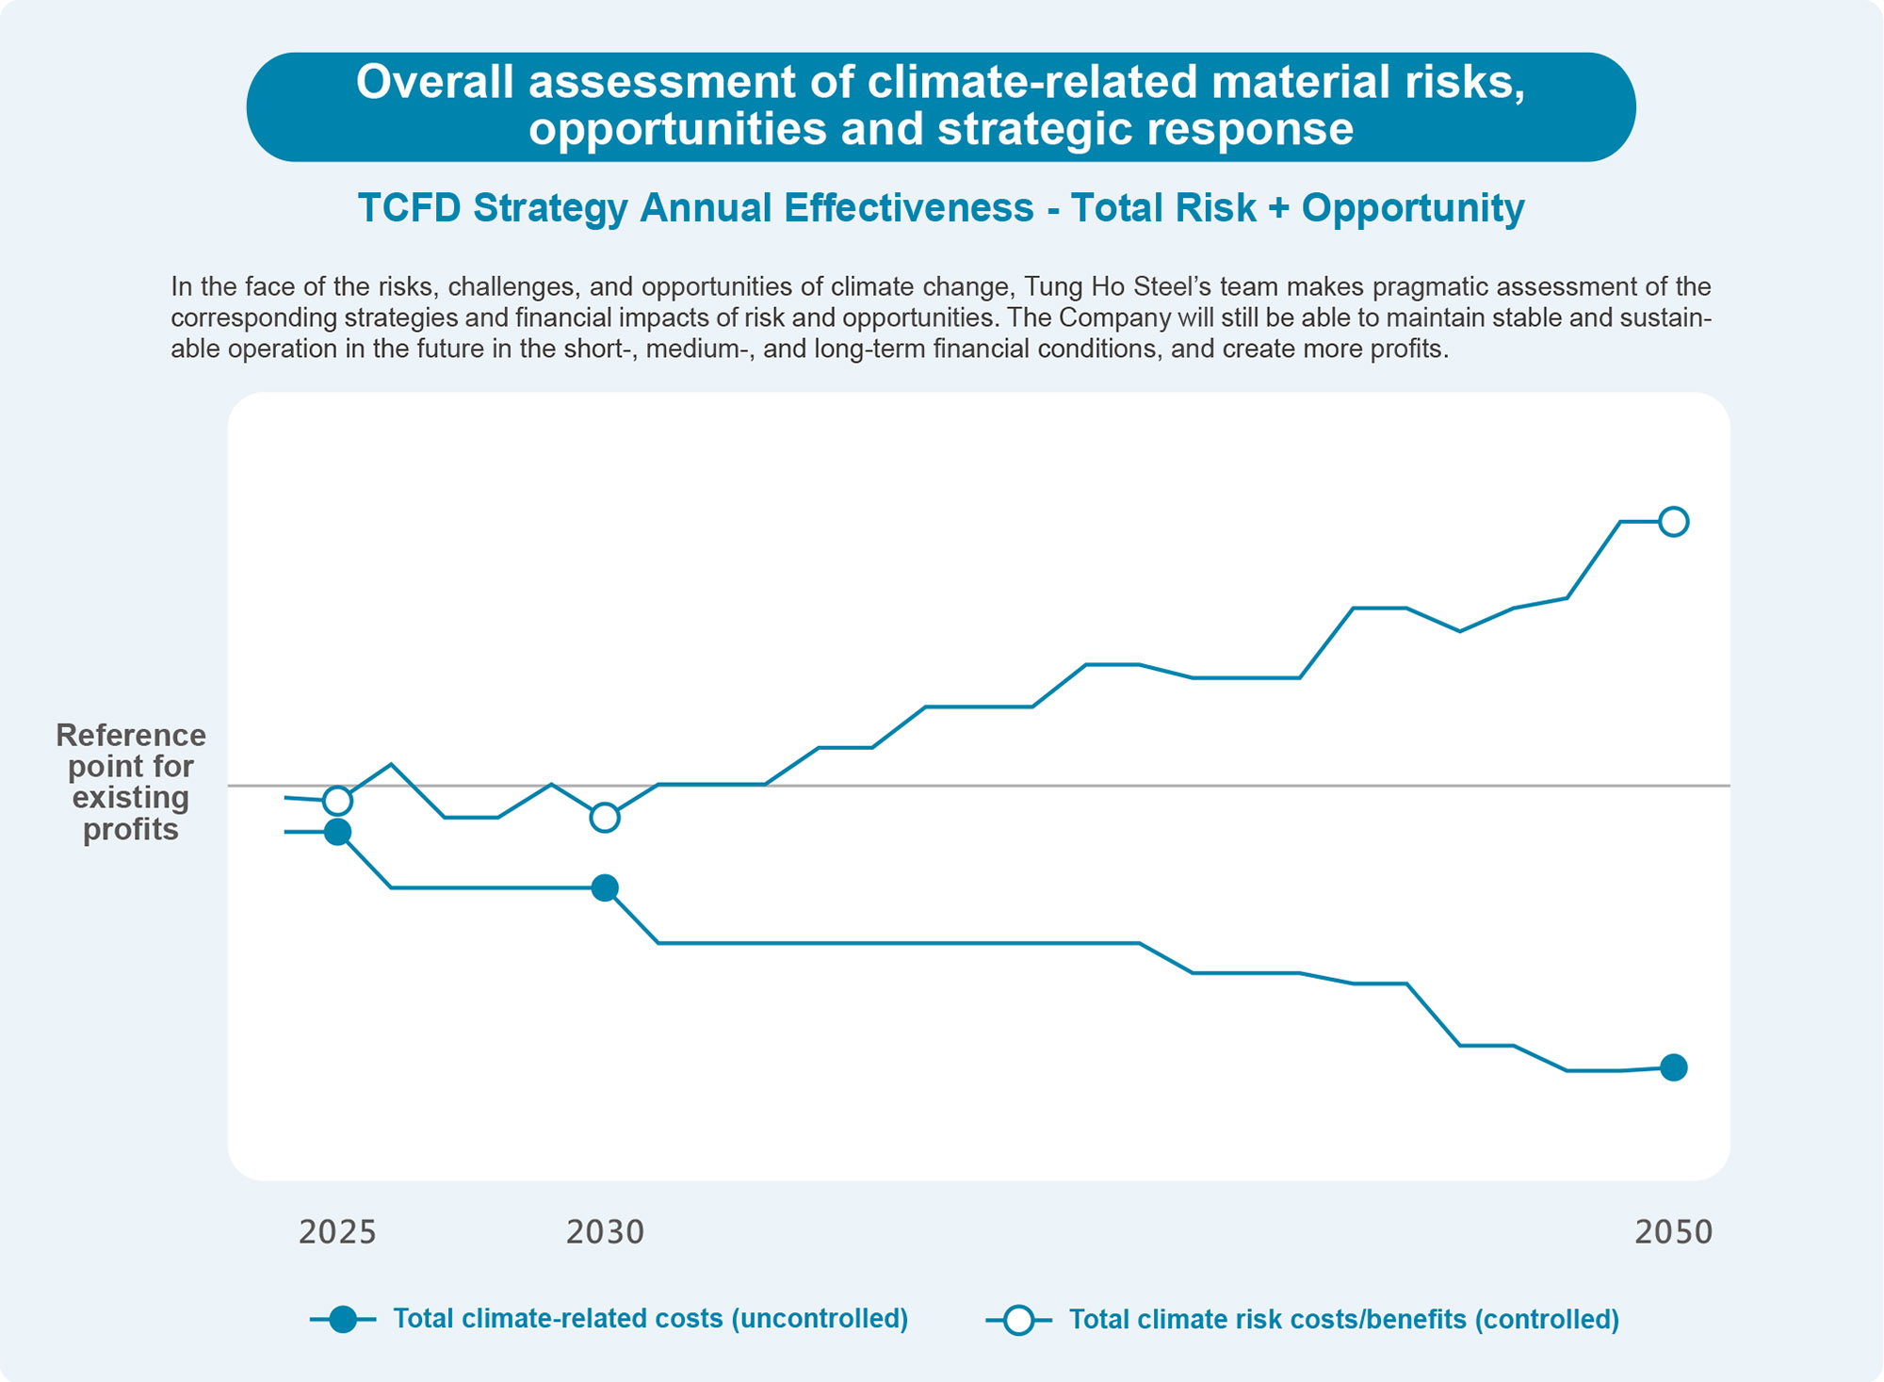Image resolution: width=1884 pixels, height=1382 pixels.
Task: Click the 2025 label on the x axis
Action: click(337, 1231)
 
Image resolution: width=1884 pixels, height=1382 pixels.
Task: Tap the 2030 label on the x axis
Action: click(605, 1231)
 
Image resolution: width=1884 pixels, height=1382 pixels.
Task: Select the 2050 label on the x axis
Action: click(1673, 1231)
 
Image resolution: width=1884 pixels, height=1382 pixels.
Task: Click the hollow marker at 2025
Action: click(337, 801)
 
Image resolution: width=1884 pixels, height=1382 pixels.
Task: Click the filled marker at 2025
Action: click(337, 832)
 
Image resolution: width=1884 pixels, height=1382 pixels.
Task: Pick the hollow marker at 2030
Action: click(605, 818)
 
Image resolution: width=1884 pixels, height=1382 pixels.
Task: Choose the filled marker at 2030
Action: click(605, 887)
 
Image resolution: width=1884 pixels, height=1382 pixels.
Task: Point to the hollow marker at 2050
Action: click(1674, 521)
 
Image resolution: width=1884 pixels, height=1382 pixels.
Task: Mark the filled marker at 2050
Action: click(1674, 1067)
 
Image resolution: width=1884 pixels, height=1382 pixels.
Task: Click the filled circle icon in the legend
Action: click(344, 1320)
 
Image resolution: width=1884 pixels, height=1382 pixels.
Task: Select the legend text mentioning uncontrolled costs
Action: click(650, 1319)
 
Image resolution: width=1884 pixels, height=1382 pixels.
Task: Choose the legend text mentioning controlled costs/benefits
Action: click(1343, 1320)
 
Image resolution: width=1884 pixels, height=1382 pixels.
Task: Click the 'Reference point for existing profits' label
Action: click(130, 782)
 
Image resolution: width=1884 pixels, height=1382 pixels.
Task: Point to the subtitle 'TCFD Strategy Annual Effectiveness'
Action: click(695, 208)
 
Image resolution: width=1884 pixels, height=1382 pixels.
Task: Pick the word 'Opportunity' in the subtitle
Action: click(1412, 208)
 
